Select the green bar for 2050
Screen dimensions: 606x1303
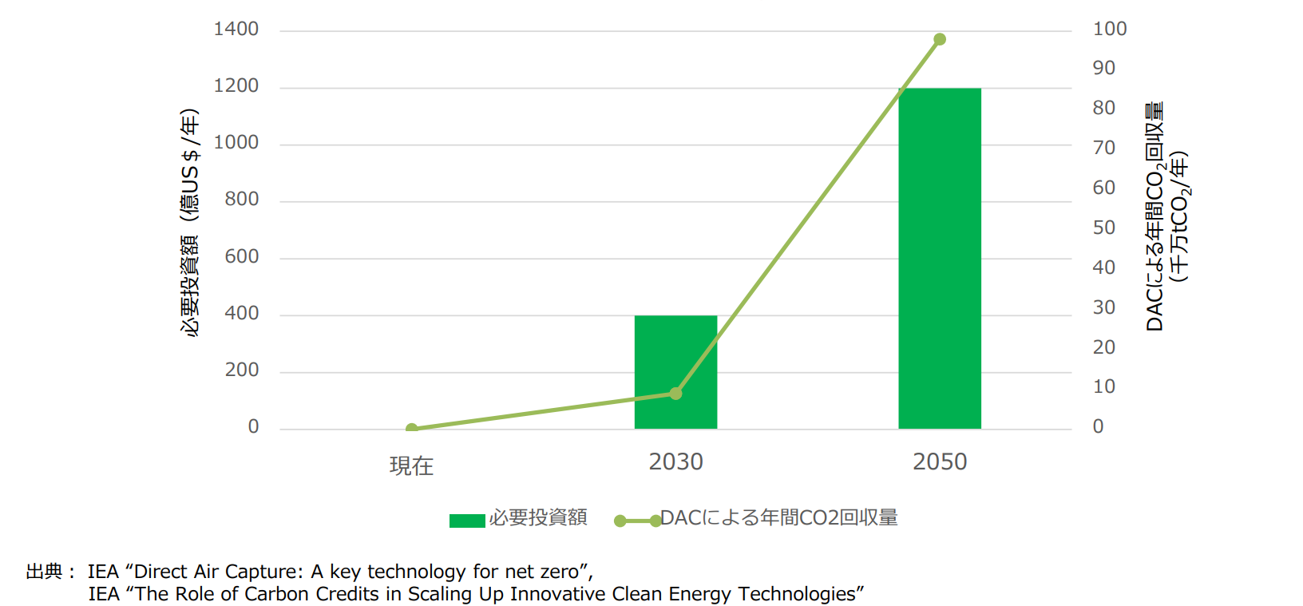coord(939,258)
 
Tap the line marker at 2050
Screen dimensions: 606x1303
coord(940,39)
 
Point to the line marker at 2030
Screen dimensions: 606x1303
coord(675,394)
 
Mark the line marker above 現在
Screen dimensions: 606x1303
coord(411,429)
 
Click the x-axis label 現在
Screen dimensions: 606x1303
coord(411,465)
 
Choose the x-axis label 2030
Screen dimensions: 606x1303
coord(675,462)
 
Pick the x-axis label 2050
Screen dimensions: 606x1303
coord(940,462)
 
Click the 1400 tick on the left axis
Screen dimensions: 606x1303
coord(236,30)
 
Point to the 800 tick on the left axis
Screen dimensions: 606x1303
coord(242,200)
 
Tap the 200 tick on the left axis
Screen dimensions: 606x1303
coord(242,370)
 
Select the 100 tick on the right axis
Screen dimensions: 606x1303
coord(1109,30)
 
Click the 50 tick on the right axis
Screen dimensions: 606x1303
coord(1103,228)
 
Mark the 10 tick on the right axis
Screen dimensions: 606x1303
coord(1103,387)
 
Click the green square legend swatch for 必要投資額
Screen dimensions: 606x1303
coord(467,521)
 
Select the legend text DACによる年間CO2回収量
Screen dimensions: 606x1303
coord(778,518)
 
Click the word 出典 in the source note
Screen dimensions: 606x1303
coord(44,572)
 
